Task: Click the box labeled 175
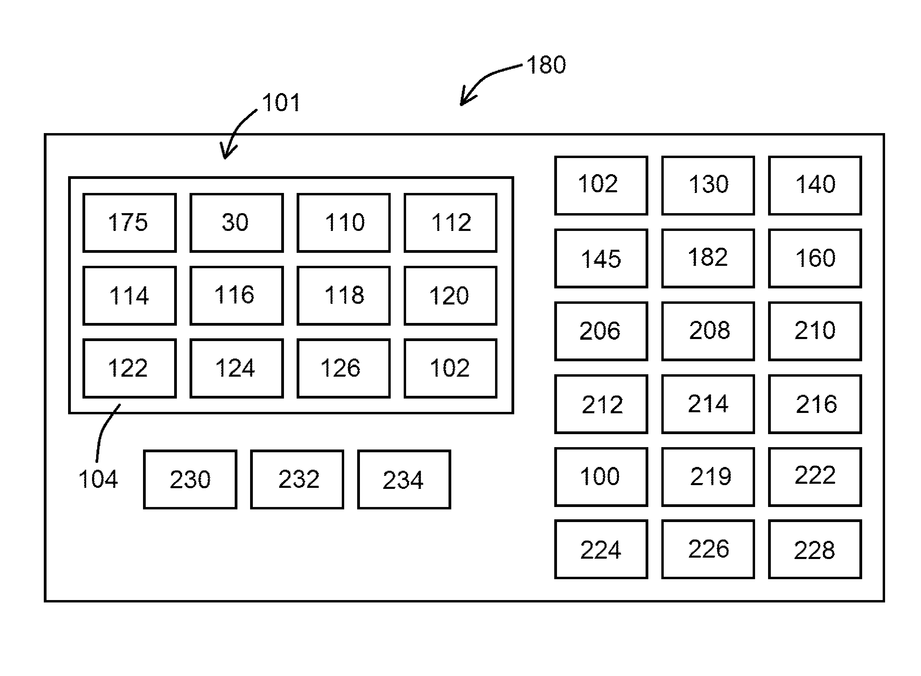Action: click(129, 223)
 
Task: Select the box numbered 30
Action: click(236, 223)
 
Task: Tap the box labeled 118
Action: click(343, 296)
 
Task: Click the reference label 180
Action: click(546, 65)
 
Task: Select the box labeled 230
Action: click(190, 480)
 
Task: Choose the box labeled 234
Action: click(404, 480)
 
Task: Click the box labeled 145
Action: click(601, 258)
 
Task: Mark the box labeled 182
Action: click(708, 258)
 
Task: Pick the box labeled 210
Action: click(815, 331)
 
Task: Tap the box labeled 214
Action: click(708, 404)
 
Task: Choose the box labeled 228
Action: click(815, 549)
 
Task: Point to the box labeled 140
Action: click(815, 185)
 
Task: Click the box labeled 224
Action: click(601, 549)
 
